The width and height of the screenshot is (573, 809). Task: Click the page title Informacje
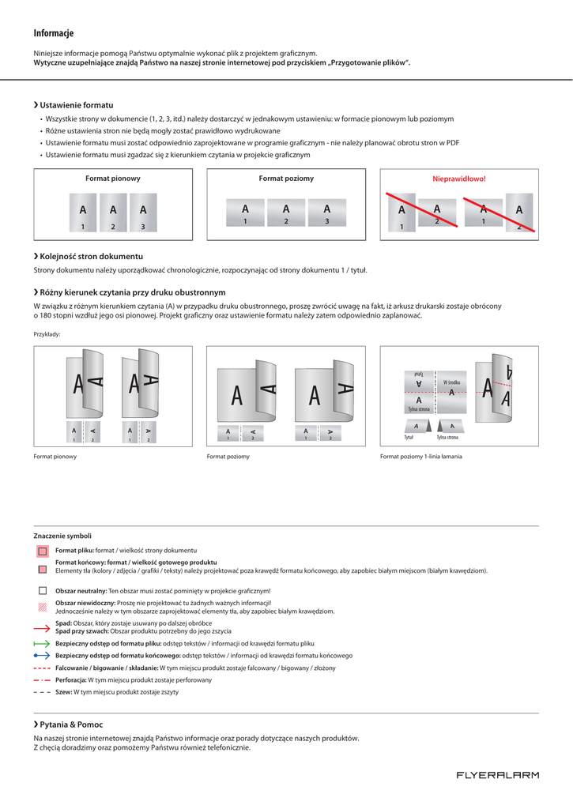(x=54, y=33)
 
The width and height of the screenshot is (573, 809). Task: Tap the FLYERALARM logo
(x=497, y=775)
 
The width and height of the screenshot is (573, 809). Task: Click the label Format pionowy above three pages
(x=113, y=179)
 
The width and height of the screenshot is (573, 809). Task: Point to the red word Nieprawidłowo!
(x=458, y=179)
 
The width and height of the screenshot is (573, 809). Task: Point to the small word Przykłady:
(x=47, y=334)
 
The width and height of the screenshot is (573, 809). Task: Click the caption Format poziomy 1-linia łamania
(x=421, y=457)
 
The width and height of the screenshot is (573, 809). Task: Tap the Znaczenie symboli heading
(x=62, y=536)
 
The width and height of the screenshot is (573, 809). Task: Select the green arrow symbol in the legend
(x=42, y=644)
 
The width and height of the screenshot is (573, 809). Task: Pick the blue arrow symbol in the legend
(x=42, y=656)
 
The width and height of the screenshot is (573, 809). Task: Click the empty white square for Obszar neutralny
(x=42, y=590)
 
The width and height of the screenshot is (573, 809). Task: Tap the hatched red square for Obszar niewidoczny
(x=42, y=607)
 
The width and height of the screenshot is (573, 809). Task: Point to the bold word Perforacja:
(x=70, y=679)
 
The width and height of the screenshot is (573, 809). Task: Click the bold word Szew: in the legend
(x=63, y=692)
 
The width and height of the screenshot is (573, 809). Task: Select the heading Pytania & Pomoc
(x=71, y=724)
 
